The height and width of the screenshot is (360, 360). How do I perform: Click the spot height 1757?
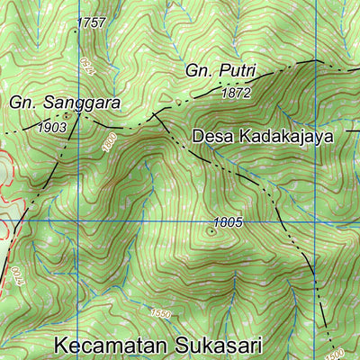92,22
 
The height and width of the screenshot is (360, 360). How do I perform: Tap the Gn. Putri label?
221,70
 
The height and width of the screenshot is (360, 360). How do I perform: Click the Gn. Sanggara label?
65,103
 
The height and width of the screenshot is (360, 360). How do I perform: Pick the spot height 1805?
228,221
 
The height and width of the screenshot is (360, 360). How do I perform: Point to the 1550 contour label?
161,313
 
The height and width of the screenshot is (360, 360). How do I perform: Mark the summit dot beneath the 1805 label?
211,230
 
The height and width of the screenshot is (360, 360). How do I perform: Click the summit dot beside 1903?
67,115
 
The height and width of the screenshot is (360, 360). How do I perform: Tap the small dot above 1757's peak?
80,13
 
